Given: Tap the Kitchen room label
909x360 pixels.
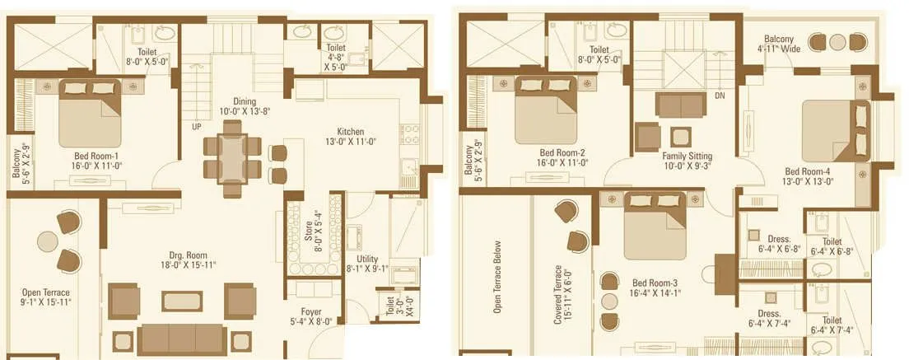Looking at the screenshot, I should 350,132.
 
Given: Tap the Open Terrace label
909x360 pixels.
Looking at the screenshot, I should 45,292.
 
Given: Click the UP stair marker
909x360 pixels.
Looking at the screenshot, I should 197,128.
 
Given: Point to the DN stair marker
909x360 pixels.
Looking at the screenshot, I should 719,95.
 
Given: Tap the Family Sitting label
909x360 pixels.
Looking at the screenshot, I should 687,156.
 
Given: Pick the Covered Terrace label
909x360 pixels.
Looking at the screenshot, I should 561,293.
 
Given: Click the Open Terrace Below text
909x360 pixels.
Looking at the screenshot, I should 497,277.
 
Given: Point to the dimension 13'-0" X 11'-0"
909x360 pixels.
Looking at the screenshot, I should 351,142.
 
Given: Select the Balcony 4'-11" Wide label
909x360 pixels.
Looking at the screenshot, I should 778,43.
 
